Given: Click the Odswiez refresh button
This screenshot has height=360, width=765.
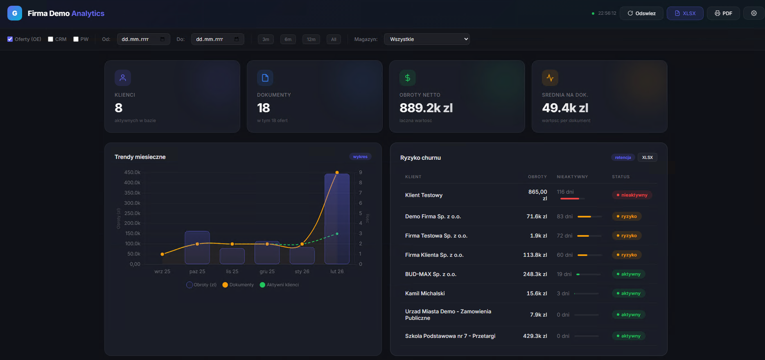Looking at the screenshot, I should click(x=641, y=14).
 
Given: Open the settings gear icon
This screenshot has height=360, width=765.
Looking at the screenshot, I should click(x=754, y=14).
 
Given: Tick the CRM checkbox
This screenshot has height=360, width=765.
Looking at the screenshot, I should click(x=51, y=39).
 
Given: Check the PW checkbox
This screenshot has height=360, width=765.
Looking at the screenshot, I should click(x=76, y=39).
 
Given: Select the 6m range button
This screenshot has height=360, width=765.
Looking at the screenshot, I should click(x=288, y=39).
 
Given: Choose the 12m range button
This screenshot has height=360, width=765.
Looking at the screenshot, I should click(x=311, y=39).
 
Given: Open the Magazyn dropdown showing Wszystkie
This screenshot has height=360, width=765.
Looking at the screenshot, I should click(x=427, y=39).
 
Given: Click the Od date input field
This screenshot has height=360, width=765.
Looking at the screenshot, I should click(x=143, y=39).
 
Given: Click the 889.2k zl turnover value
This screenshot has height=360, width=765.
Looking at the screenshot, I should click(x=426, y=108).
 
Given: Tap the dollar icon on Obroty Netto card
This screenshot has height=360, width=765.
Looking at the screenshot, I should click(x=407, y=78).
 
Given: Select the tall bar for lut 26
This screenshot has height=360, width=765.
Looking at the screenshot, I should click(x=337, y=219).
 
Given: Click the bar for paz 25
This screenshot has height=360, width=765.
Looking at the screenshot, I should click(x=197, y=248).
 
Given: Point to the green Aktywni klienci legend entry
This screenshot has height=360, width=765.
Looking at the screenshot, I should click(x=279, y=285).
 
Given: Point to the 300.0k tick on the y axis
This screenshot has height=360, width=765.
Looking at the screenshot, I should click(x=132, y=203).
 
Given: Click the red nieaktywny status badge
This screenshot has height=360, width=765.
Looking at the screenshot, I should click(x=632, y=195).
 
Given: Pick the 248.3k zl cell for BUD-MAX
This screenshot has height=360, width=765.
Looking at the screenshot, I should click(x=535, y=274).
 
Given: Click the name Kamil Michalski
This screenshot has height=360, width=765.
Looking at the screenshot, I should click(x=424, y=293).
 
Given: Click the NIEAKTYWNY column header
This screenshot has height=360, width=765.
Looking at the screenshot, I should click(x=572, y=177).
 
